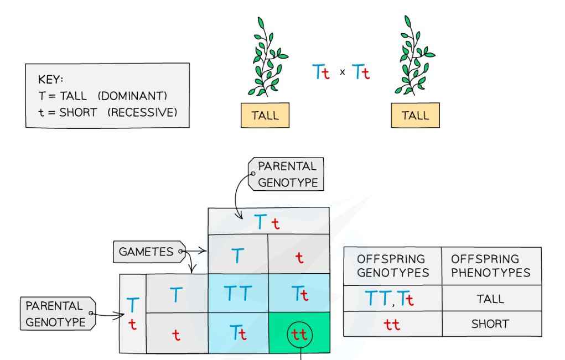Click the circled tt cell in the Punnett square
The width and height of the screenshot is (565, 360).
(x=299, y=334)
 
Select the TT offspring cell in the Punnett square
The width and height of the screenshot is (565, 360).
(x=238, y=294)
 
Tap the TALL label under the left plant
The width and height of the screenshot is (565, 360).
(x=265, y=116)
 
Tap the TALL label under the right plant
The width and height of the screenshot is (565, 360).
(x=415, y=116)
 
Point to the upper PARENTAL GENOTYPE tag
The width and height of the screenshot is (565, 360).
(x=287, y=174)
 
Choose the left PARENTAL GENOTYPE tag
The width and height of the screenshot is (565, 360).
(x=55, y=314)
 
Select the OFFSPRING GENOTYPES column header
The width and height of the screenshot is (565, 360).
(x=391, y=266)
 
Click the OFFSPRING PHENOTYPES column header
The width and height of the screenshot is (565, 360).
(x=491, y=266)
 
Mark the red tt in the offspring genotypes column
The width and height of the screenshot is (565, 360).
(x=392, y=325)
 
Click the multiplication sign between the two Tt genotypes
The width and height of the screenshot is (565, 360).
(x=342, y=72)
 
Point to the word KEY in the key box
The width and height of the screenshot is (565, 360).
(x=50, y=80)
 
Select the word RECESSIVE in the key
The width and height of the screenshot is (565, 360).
(x=142, y=112)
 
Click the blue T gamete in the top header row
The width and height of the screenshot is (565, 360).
(x=237, y=255)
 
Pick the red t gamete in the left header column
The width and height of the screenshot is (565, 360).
(x=176, y=335)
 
